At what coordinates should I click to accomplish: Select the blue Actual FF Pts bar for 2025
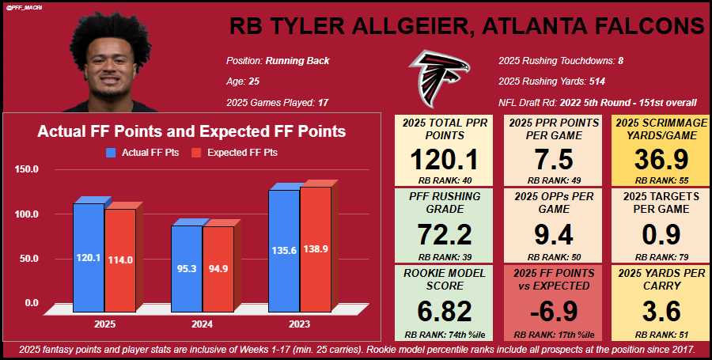(89, 253)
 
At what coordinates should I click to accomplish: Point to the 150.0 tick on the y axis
(27, 169)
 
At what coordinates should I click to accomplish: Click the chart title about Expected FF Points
(191, 132)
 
